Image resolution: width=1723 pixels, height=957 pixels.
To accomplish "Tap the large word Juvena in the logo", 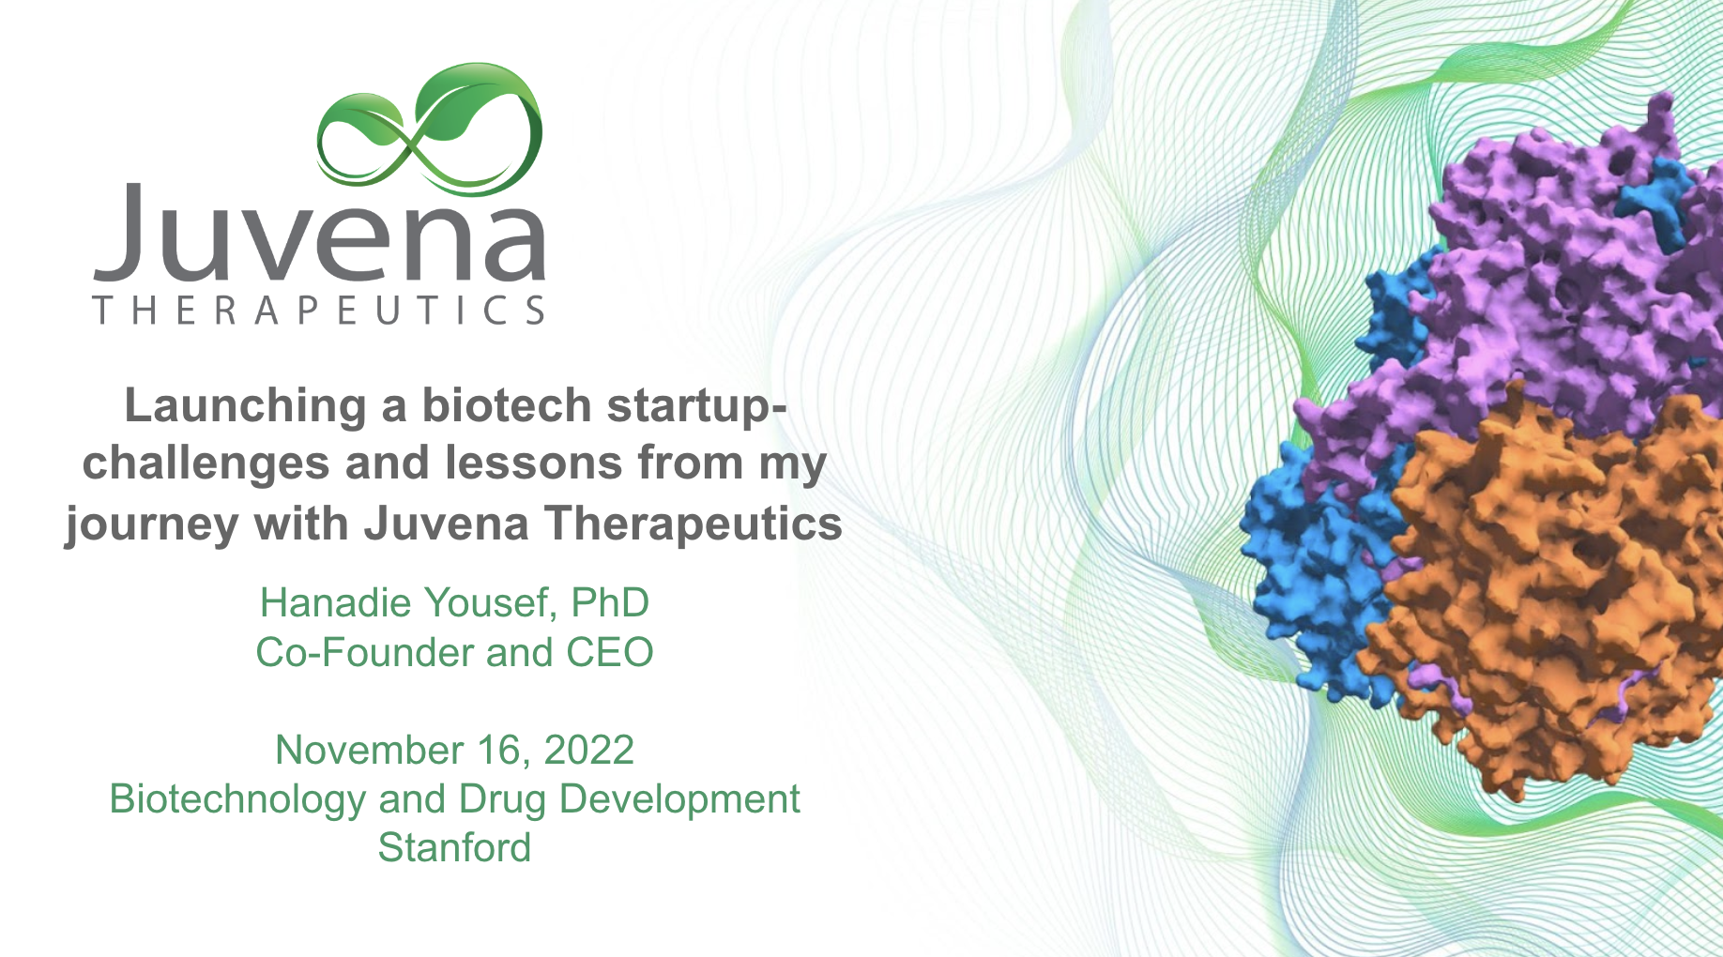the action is point(319,232).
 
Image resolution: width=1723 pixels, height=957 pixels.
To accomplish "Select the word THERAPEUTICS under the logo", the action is point(319,310).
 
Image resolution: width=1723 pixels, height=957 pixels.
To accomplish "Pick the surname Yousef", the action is point(483,603).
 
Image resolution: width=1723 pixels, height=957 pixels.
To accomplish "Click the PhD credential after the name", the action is point(609,603).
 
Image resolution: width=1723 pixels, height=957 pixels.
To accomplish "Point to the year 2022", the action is point(589,751).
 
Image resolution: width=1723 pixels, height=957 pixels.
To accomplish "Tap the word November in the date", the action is point(370,751).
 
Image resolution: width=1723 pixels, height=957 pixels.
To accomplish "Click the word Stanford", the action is point(454,848).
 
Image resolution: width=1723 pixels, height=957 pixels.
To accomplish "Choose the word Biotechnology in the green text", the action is point(237,800).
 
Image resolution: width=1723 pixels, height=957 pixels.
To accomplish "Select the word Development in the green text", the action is point(679,800).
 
